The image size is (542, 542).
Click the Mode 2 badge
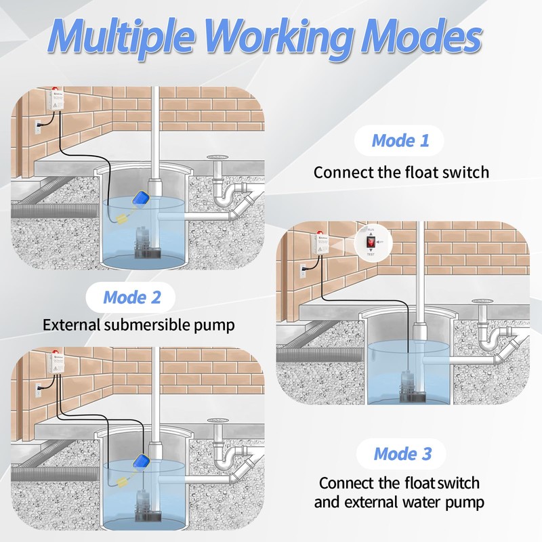click(132, 297)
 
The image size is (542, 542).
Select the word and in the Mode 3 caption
click(330, 503)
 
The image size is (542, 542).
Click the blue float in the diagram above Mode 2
click(142, 199)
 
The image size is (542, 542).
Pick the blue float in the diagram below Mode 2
click(142, 461)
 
